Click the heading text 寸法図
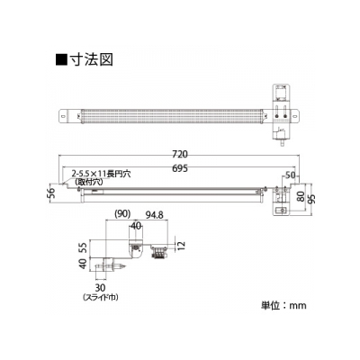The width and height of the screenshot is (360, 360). tap(92, 59)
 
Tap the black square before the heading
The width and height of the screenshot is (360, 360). tap(61, 59)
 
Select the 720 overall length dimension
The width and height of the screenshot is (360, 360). tap(180, 154)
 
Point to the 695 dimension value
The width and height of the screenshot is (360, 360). tap(180, 168)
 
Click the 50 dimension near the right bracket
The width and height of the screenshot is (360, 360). tap(290, 175)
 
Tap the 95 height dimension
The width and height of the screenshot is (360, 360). tap(311, 198)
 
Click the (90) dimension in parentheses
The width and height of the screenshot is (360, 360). tap(122, 213)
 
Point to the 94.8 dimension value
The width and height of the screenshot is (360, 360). tap(154, 214)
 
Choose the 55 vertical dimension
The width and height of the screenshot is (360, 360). tap(84, 247)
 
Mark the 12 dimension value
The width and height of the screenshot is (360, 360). tap(182, 246)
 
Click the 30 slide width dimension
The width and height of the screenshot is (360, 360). tap(100, 288)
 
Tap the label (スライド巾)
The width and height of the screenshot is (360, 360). tap(100, 297)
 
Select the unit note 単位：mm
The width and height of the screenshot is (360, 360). tap(283, 305)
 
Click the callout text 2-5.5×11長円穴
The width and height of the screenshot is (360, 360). tap(101, 175)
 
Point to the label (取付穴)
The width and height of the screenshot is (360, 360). tap(89, 182)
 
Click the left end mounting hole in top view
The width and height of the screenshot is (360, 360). tap(63, 116)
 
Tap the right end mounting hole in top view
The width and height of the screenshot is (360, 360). tap(296, 116)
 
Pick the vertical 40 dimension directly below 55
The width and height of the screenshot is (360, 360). tap(84, 264)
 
